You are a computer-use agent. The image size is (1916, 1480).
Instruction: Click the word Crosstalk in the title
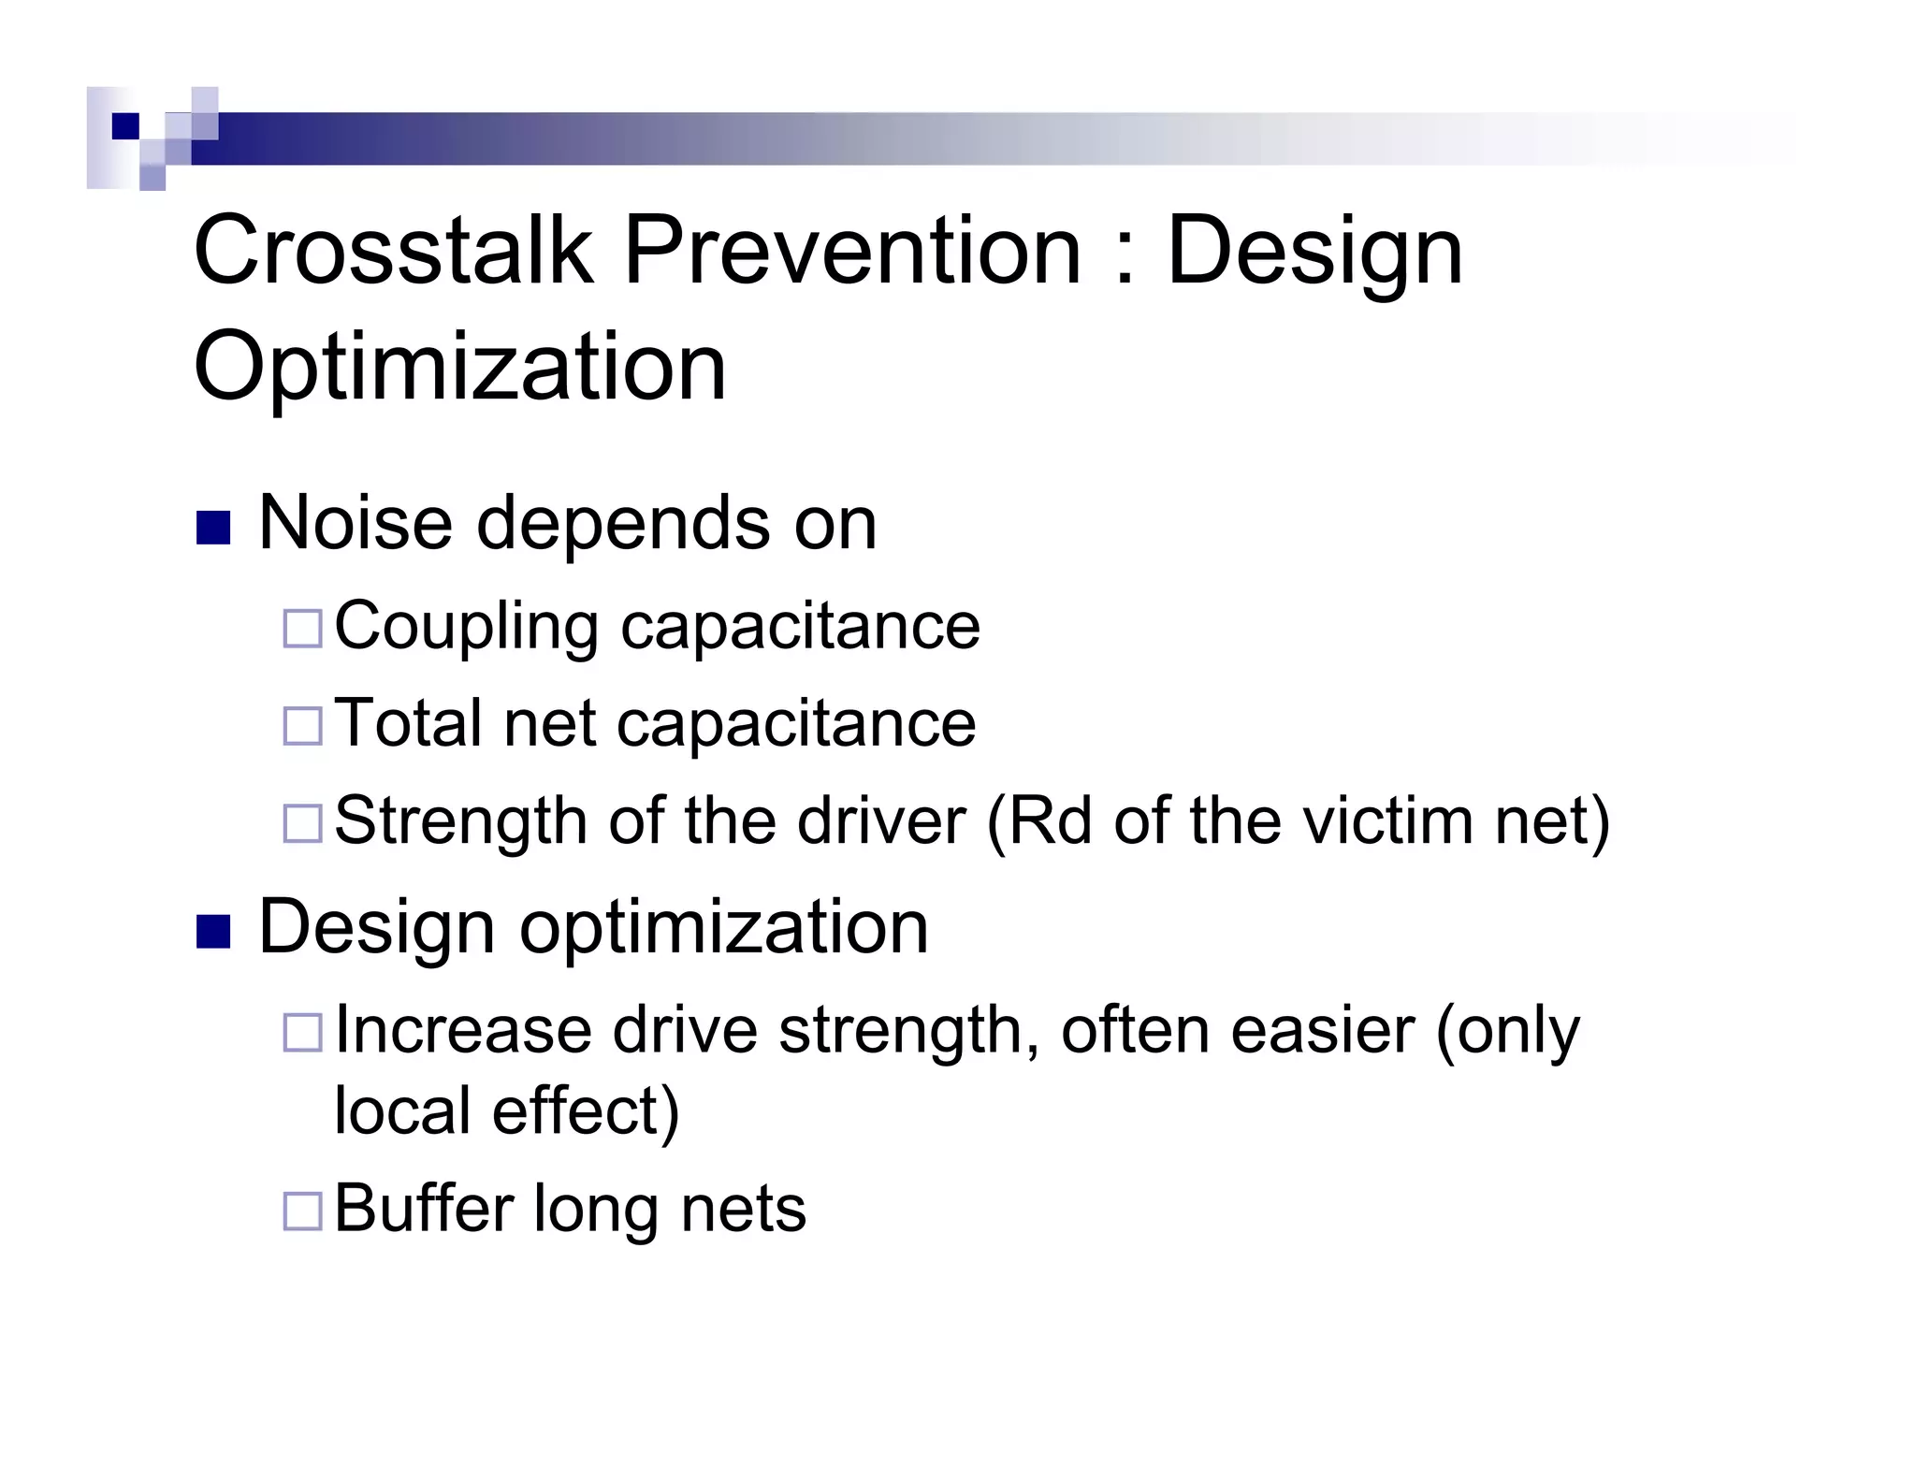coord(393,251)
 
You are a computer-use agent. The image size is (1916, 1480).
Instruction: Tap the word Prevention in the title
coord(851,251)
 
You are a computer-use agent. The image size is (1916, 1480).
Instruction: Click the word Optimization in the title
coord(458,367)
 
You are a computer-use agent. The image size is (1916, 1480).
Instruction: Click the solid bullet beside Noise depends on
coord(213,528)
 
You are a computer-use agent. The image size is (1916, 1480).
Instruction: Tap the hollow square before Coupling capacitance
coord(302,628)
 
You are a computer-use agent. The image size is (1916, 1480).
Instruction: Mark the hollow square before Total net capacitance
coord(302,725)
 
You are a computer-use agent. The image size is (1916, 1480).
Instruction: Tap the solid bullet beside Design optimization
coord(213,932)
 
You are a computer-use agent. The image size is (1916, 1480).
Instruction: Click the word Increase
coord(463,1030)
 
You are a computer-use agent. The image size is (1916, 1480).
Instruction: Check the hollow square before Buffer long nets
coord(302,1211)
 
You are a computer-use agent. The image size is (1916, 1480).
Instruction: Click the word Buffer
coord(424,1208)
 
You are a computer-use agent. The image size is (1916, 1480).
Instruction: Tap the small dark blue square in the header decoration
coord(124,125)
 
